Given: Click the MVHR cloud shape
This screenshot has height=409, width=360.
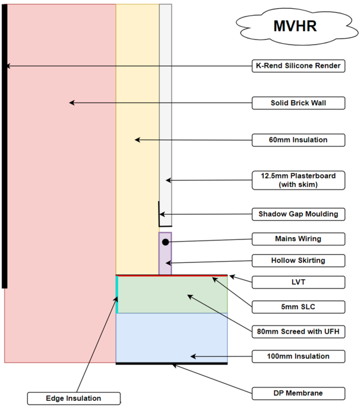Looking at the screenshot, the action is tap(297, 26).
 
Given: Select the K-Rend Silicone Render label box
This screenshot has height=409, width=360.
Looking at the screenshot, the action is tap(298, 66).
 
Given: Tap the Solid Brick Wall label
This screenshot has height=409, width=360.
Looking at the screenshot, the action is tap(298, 103).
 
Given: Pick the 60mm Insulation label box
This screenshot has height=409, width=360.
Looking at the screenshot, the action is tap(298, 140).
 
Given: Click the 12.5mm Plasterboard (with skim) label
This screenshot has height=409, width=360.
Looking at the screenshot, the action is tap(298, 181).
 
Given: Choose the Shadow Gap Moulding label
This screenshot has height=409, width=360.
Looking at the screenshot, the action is tap(298, 214).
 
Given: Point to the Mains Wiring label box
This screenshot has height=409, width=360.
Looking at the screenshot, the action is tap(298, 239).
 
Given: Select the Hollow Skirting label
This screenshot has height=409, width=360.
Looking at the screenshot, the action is tap(298, 261).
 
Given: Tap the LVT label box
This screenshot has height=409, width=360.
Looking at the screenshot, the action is tap(298, 282).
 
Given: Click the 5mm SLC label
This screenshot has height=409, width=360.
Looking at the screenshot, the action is tap(298, 307).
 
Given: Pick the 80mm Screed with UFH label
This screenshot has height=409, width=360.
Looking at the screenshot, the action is tap(298, 332).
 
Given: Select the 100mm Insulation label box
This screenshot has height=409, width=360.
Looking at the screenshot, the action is tap(298, 356).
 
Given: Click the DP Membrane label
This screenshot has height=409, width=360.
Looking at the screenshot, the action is tap(298, 393).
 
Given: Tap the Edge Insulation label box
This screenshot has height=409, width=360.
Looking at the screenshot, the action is tap(74, 399).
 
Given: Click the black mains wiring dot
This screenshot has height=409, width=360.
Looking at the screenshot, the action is tap(165, 242).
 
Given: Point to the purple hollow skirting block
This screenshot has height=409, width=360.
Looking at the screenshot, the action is tap(165, 254).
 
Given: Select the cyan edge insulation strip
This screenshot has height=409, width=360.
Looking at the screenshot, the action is tap(117, 294).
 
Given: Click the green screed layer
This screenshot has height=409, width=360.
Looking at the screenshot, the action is tap(173, 294).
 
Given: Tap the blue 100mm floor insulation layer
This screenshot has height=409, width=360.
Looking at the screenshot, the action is tap(172, 338).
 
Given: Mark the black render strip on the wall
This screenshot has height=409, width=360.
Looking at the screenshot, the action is tap(4, 146).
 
